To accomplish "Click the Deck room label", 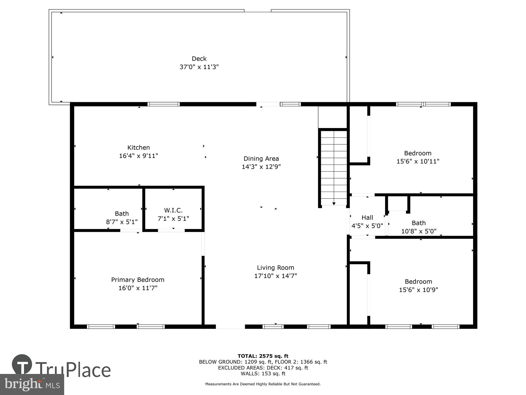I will pos(199,58).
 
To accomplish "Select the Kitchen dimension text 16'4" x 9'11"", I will pos(139,156).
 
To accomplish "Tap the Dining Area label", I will pos(261,159).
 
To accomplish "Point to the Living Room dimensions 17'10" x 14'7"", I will pos(275,276).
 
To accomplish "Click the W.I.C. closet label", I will pos(173,210).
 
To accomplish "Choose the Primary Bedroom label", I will pos(138,280).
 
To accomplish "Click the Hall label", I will pos(367,218).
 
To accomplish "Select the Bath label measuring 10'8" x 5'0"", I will pos(418,223).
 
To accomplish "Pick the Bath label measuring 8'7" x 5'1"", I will pos(122,214).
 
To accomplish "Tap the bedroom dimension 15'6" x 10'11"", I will pos(418,161).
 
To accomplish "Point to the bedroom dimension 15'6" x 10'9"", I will pos(418,290).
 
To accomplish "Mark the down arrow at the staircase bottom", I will pos(334,204).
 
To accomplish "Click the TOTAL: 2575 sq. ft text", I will pos(263,356).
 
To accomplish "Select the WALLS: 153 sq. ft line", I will pos(263,373).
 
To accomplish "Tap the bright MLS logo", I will pos(32,384).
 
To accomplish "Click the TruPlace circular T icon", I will pos(22,365).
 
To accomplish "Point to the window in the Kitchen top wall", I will pos(164,104).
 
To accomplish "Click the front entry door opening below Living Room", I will pos(230,327).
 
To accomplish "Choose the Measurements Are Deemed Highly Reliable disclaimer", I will pos(263,384).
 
